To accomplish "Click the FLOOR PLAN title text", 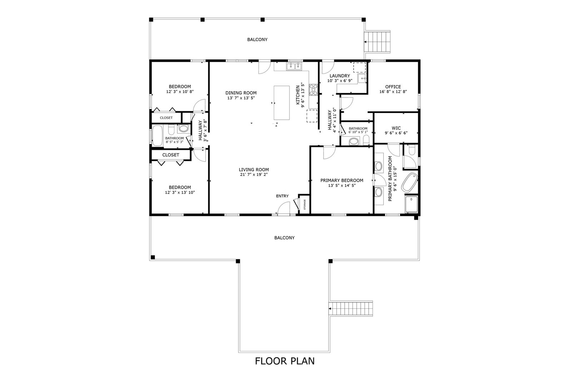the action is pos(285,361).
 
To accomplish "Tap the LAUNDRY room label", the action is pos(340,76).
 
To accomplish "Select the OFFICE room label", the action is pos(393,87).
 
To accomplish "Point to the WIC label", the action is pos(396,128).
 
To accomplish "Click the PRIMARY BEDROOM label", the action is pos(342,180).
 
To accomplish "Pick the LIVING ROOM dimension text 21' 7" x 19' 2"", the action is pos(253,175).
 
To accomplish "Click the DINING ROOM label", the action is pos(241,93).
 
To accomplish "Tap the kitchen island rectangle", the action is pos(281,103).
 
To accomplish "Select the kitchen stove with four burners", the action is pos(313,90).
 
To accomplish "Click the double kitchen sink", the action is pos(294,66).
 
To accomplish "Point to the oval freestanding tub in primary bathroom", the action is pos(409,183).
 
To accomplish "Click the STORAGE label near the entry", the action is pos(304,204).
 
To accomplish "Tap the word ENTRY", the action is pos(282,196).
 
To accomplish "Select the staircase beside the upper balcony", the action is pos(377,41).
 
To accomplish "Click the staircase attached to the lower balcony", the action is pos(351,309).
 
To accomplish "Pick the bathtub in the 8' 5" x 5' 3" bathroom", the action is pos(157,135).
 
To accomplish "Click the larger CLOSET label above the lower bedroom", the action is pos(171,155).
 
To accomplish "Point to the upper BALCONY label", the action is pos(257,40).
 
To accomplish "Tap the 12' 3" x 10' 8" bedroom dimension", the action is pos(180,91).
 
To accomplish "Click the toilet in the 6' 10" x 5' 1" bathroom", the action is pos(366,140).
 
